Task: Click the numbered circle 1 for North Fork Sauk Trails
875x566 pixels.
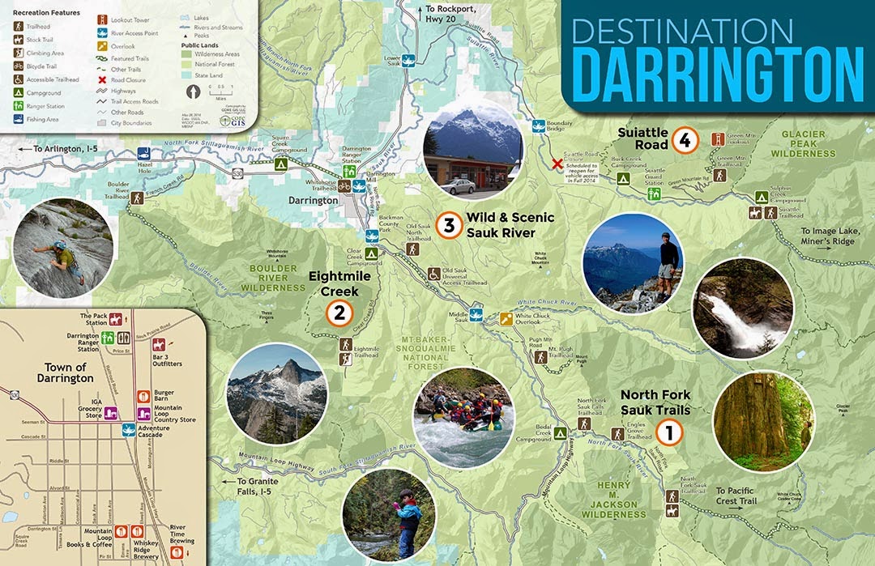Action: (669, 432)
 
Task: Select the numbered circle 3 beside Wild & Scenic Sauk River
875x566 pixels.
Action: (448, 225)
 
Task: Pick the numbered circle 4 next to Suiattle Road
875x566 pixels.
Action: (685, 141)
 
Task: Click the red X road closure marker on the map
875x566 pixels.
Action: (557, 164)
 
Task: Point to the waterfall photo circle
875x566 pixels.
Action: (742, 309)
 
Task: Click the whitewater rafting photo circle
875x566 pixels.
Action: (463, 418)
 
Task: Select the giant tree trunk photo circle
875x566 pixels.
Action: (762, 423)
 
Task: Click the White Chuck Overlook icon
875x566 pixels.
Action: (506, 318)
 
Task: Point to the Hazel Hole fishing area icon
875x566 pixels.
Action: (144, 153)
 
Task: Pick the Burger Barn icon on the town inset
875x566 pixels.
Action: (143, 396)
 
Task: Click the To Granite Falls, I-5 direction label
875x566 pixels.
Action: (252, 487)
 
